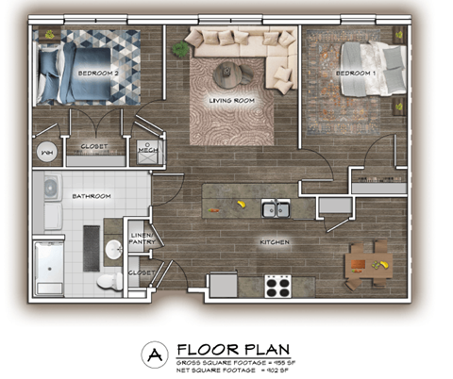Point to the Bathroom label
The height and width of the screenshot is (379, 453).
[92, 196]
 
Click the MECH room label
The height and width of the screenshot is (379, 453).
[147, 150]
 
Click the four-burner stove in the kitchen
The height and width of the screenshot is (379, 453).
[277, 285]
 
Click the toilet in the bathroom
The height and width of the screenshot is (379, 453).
[110, 280]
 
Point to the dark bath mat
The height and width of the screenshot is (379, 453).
[92, 245]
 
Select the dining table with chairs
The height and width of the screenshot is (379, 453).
[366, 264]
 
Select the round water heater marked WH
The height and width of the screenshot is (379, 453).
[45, 150]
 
